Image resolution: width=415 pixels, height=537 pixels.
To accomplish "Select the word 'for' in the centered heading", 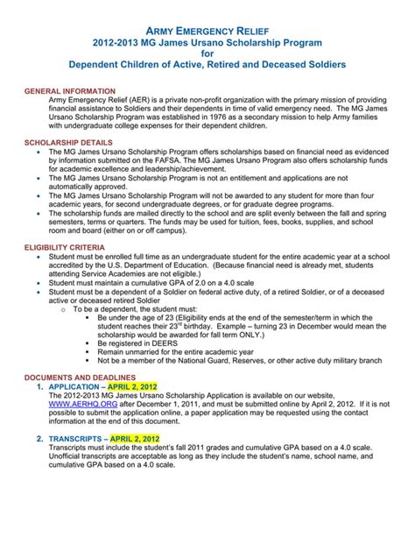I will click(x=207, y=53).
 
